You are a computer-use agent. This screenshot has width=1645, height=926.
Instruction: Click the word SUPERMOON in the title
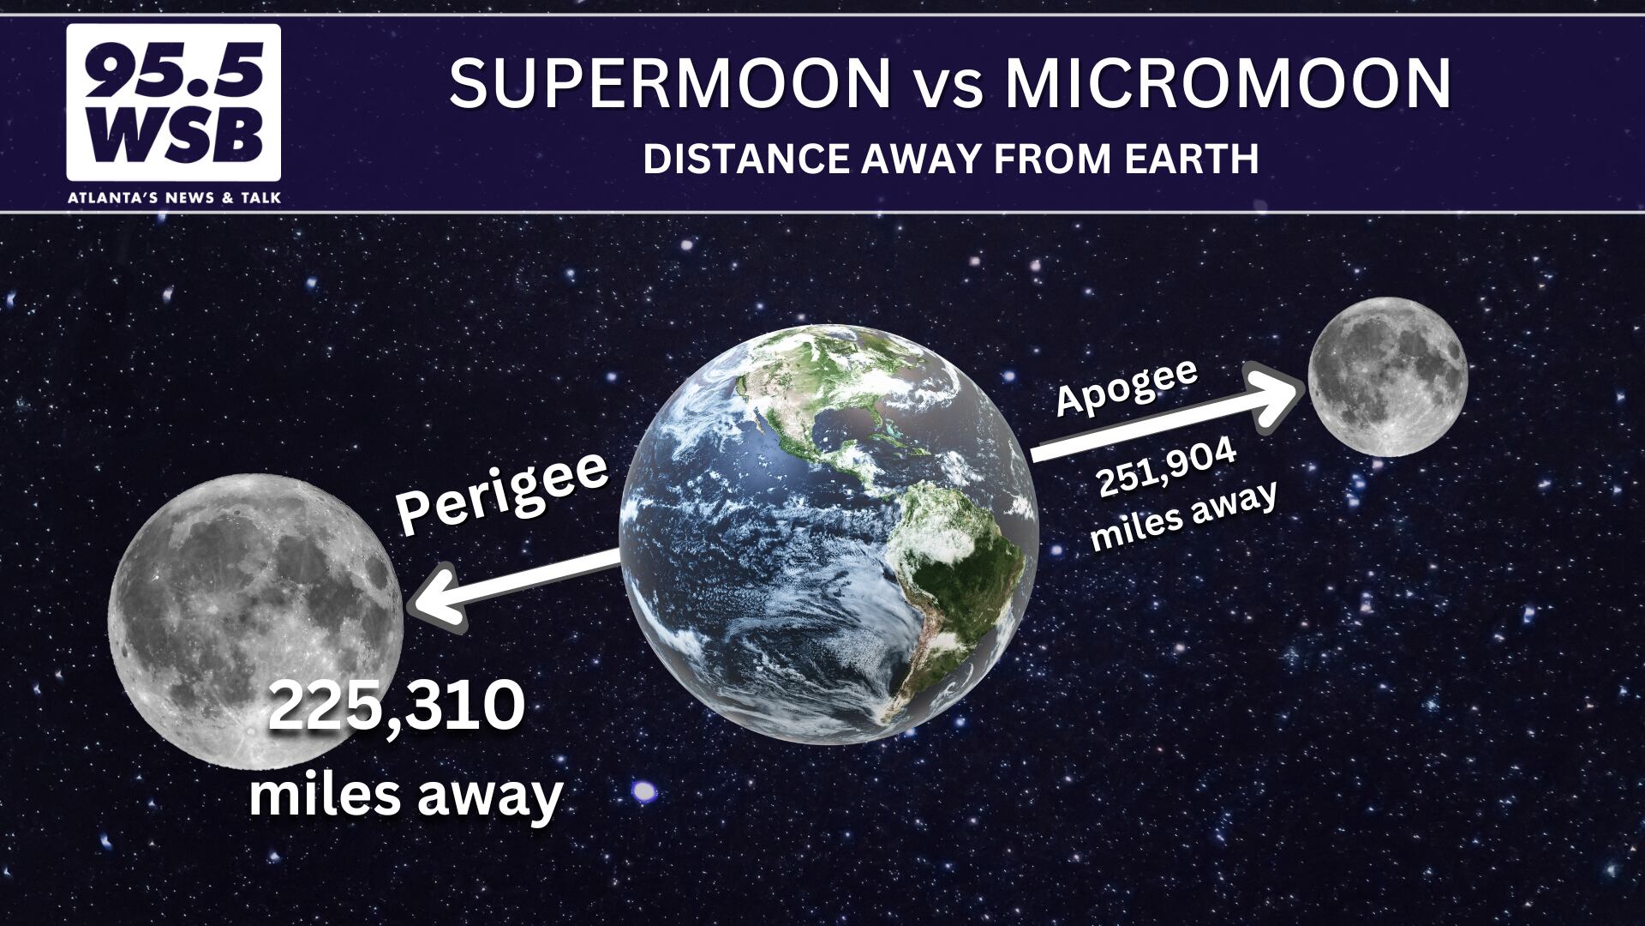coord(671,83)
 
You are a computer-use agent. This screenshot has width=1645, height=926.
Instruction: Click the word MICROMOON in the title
coord(1229,83)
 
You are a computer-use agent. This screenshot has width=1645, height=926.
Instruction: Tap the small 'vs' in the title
coord(948,88)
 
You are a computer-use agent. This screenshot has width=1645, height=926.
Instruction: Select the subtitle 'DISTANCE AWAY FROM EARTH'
coord(951,159)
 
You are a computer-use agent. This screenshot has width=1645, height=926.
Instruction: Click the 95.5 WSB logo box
coord(174,102)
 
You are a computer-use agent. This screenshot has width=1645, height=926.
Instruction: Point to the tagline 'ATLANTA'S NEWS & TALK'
coord(174,198)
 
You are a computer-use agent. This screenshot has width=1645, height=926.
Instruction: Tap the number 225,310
coord(397,707)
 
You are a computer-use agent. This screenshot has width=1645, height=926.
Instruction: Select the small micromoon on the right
coord(1388,376)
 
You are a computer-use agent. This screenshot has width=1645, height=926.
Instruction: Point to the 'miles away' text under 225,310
coord(405,795)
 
